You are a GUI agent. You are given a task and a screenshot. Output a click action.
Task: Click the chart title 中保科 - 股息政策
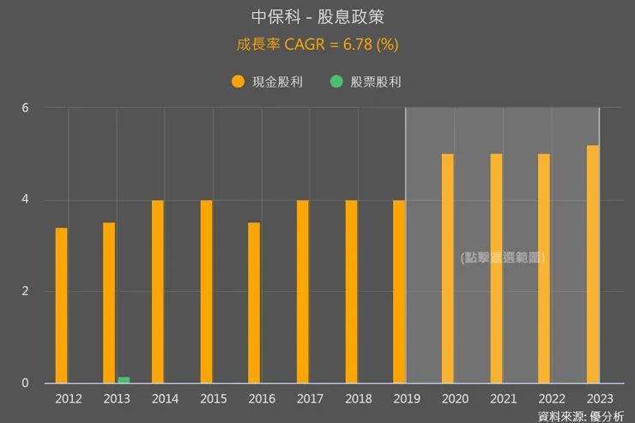tap(317, 17)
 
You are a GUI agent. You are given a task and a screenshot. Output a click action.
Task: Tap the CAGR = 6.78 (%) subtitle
tap(317, 44)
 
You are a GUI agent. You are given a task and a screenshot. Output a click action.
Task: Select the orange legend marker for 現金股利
tap(238, 82)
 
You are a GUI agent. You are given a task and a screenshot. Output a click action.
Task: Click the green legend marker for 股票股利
tap(336, 82)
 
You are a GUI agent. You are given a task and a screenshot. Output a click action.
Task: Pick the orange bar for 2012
tap(61, 305)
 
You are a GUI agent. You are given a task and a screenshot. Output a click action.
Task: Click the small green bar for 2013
tap(124, 380)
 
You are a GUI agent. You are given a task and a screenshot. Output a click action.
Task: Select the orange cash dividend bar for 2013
tap(109, 303)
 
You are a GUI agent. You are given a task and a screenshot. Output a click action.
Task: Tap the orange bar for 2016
tap(254, 303)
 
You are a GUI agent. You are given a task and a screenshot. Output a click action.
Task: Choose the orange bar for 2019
tap(399, 292)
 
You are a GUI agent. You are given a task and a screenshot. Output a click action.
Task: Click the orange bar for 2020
tap(447, 269)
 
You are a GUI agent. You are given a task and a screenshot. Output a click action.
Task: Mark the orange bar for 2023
tap(593, 264)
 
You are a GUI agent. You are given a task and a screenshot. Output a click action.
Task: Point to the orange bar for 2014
tap(158, 292)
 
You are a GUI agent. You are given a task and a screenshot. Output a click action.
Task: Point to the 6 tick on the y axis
tap(26, 108)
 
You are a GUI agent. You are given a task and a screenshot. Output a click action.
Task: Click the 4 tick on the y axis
tap(26, 200)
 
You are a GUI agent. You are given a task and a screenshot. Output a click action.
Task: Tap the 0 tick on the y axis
tap(26, 384)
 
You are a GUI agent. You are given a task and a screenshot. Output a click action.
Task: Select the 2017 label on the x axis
tap(309, 399)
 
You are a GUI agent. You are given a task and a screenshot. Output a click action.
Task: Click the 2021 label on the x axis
tap(502, 399)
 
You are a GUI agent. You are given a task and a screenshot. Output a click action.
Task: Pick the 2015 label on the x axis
tap(212, 399)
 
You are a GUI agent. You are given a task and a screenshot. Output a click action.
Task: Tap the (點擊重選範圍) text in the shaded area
tap(503, 257)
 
